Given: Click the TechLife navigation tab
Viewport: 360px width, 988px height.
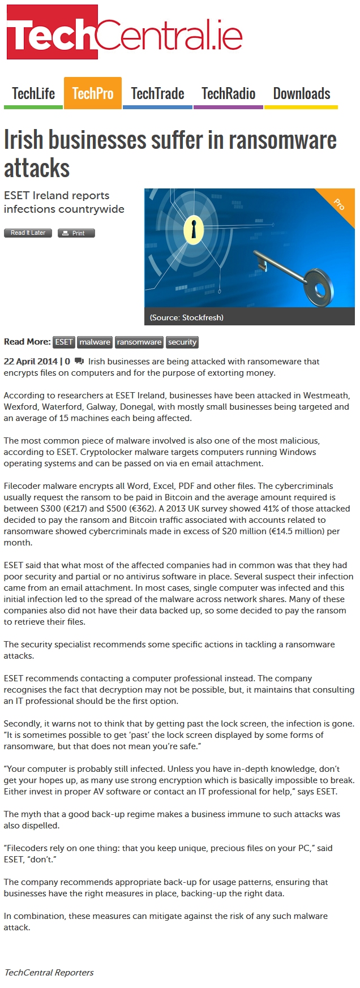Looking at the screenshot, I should click(x=33, y=93).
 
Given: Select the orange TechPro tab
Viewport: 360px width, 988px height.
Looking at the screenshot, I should click(x=93, y=93).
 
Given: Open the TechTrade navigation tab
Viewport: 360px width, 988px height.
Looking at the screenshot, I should click(x=157, y=93).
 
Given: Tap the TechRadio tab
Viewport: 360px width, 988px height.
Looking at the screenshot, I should click(x=228, y=93).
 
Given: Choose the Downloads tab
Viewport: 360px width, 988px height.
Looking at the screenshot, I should click(x=301, y=93).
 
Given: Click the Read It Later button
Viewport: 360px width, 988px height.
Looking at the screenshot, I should click(x=28, y=233).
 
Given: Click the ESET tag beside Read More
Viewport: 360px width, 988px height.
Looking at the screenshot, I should click(x=63, y=342).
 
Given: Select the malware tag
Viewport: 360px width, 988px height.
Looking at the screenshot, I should click(x=95, y=342).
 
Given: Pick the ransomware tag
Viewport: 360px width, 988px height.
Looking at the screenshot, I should click(x=139, y=342).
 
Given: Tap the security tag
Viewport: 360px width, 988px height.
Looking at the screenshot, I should click(x=182, y=342).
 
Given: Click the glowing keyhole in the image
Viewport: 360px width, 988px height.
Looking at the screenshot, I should click(x=194, y=229).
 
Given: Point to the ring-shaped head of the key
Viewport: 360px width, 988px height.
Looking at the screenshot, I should click(x=319, y=286).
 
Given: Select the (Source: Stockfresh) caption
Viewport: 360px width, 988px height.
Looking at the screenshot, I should click(x=187, y=317).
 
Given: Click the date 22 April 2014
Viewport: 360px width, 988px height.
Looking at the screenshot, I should click(x=31, y=362).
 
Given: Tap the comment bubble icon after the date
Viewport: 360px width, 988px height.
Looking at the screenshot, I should click(x=79, y=362).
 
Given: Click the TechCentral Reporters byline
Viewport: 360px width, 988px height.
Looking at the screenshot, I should click(x=49, y=972).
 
